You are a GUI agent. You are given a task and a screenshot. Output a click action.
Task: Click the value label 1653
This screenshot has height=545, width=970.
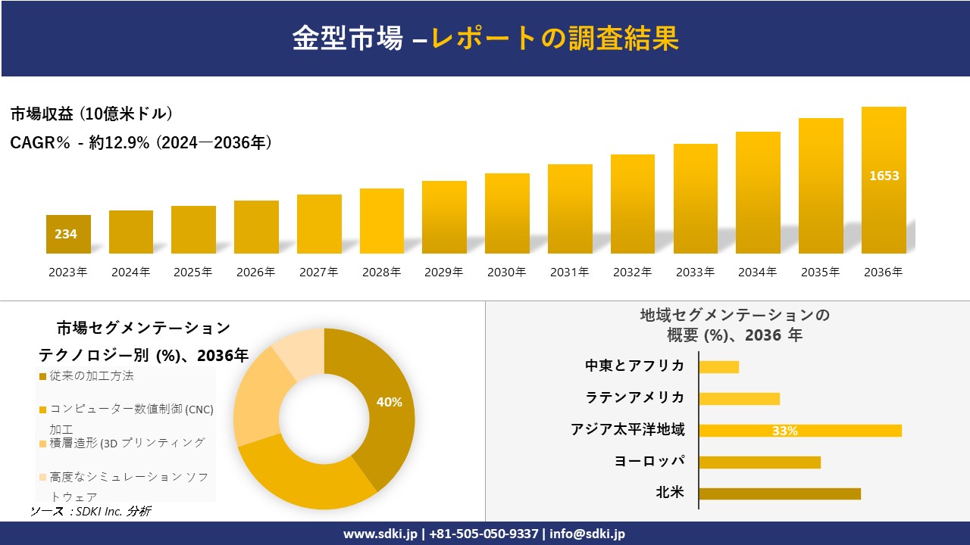pyautogui.click(x=884, y=176)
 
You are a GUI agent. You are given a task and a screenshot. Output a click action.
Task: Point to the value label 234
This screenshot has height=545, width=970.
pyautogui.click(x=66, y=234)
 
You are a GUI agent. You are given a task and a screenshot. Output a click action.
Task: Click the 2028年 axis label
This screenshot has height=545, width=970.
pyautogui.click(x=381, y=272)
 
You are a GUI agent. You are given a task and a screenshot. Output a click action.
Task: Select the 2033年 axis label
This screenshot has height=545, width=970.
pyautogui.click(x=695, y=272)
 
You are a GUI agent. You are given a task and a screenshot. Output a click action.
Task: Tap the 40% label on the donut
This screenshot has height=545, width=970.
pyautogui.click(x=389, y=402)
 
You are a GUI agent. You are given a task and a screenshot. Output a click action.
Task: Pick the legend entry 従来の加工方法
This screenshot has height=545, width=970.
pyautogui.click(x=91, y=376)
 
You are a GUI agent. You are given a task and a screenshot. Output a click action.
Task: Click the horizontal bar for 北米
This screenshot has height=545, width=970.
pyautogui.click(x=779, y=494)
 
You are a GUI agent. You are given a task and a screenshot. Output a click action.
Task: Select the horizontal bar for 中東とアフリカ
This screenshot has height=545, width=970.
pyautogui.click(x=718, y=366)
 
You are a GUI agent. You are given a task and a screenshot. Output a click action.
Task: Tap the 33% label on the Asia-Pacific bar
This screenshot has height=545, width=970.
pyautogui.click(x=784, y=431)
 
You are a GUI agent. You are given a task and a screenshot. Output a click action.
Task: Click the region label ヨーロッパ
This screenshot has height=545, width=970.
pyautogui.click(x=649, y=461)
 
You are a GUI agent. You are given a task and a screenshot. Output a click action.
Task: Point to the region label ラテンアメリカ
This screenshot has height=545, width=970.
pyautogui.click(x=634, y=397)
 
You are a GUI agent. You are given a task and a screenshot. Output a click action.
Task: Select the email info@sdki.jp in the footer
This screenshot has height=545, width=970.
pyautogui.click(x=587, y=534)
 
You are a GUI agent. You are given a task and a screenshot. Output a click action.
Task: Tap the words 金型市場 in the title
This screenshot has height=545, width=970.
pyautogui.click(x=348, y=39)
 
